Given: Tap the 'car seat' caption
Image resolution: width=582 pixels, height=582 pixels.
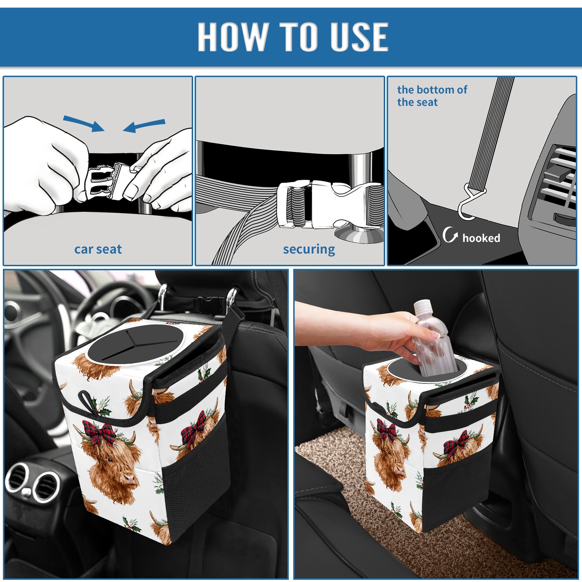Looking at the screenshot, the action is pos(98,249).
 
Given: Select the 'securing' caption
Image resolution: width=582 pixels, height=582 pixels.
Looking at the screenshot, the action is pos(309,250).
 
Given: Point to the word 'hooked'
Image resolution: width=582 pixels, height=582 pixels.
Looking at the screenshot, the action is pos(481,238).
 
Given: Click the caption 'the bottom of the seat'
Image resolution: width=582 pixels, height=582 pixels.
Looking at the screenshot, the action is pos(432,96).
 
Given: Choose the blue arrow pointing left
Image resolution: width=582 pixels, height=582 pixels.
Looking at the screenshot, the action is pos(144,126).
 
